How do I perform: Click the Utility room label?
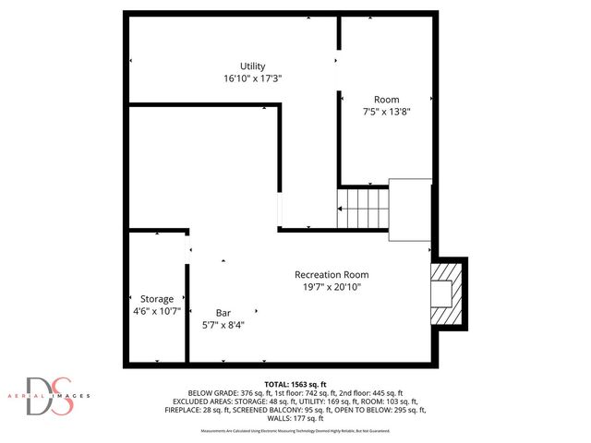253,66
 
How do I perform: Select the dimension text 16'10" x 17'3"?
252,78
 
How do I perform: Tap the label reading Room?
386,99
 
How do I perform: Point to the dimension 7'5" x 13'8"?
386,111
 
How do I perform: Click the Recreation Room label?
332,274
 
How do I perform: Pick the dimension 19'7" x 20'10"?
332,286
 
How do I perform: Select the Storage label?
157,299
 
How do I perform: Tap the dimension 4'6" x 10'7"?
157,311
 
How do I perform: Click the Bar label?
223,312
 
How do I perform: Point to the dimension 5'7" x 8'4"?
223,324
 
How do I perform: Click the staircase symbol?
362,209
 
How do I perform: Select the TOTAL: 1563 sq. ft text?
295,384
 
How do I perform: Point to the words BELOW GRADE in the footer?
214,392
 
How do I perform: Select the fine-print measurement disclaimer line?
295,431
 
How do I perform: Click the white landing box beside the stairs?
409,210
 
